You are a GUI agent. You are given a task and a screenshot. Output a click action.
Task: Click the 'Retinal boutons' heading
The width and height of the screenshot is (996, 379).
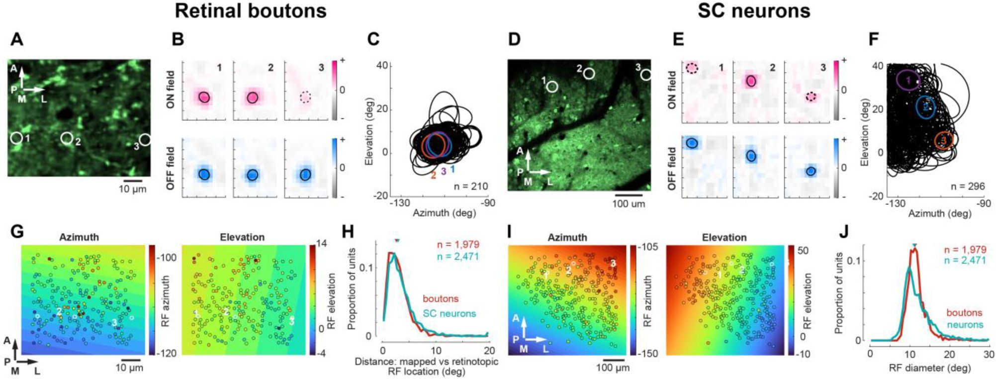click(250, 11)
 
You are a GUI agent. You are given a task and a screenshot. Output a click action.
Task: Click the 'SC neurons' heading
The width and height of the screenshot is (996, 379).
click(753, 11)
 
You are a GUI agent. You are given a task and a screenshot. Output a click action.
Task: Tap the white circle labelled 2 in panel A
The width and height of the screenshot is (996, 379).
click(67, 138)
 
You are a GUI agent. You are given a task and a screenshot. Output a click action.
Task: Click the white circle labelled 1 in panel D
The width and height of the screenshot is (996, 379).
click(551, 87)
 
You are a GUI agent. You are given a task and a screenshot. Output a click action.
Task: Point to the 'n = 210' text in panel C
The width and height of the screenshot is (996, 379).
click(470, 187)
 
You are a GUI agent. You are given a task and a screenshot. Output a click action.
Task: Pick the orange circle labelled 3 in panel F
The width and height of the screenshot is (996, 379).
click(943, 141)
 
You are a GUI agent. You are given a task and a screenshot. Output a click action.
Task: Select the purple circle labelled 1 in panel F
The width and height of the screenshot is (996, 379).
click(908, 80)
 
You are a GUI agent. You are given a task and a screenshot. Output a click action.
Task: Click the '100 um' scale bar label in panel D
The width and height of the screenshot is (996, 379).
click(629, 203)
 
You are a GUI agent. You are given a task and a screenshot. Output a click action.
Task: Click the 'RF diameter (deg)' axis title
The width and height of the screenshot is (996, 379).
click(929, 368)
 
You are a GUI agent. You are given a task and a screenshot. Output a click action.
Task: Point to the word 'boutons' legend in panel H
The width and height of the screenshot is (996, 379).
click(441, 299)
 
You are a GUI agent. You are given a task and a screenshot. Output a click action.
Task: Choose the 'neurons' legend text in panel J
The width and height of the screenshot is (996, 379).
click(965, 325)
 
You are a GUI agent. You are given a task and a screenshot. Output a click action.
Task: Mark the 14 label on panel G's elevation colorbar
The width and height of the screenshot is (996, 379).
click(321, 244)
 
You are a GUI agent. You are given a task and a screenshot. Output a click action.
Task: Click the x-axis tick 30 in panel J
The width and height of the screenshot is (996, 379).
click(988, 354)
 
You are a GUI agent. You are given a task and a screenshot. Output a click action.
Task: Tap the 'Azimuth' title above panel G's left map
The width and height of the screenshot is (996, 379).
click(79, 237)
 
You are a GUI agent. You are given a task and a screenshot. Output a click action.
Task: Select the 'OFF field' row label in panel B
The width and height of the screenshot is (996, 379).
click(171, 168)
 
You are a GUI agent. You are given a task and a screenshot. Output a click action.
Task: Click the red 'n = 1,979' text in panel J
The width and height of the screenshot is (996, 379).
click(965, 250)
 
